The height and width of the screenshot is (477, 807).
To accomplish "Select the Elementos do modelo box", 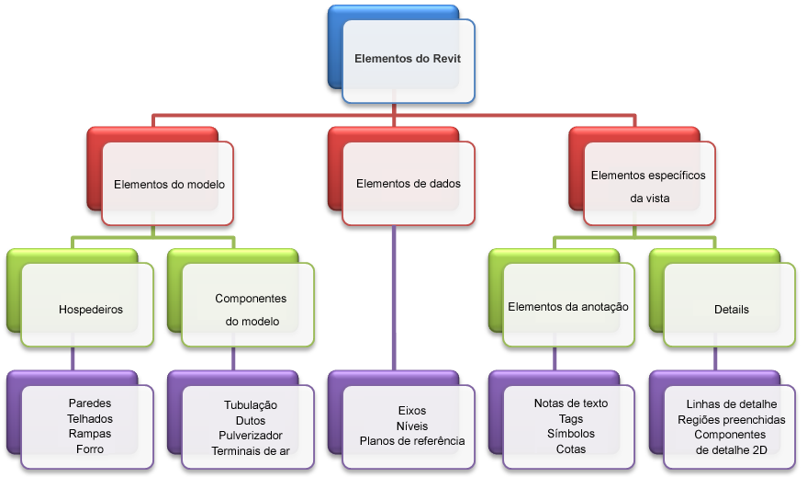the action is pos(168,184).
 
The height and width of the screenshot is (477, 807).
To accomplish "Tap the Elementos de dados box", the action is pos(409,184).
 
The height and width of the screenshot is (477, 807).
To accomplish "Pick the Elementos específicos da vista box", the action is pos(649,184).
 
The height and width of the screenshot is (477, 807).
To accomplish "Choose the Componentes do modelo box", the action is pos(248,304).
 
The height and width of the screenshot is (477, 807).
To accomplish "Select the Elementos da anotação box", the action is pos(568,304).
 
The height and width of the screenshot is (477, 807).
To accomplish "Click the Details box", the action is pos(730,304).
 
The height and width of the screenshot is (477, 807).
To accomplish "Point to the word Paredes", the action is pos(90,403).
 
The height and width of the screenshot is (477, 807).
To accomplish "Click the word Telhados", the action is pos(90,418).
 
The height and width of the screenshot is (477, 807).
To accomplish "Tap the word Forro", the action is pos(90,449).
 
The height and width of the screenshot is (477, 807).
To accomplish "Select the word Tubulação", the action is pos(251,405).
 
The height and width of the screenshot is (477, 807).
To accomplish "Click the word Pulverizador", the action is pos(251,436).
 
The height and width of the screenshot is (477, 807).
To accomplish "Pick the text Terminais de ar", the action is pos(251,450).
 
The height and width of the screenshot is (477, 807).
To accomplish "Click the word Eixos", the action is pos(412,411).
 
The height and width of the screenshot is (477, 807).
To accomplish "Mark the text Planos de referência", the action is pos(412,441).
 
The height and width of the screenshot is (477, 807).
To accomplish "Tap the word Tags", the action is pos(571,419).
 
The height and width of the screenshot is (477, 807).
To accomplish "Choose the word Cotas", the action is pos(571,449).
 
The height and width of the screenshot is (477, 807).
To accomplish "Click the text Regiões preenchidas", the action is pos(732,420).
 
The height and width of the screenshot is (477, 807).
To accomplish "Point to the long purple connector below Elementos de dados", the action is pos(394,298).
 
